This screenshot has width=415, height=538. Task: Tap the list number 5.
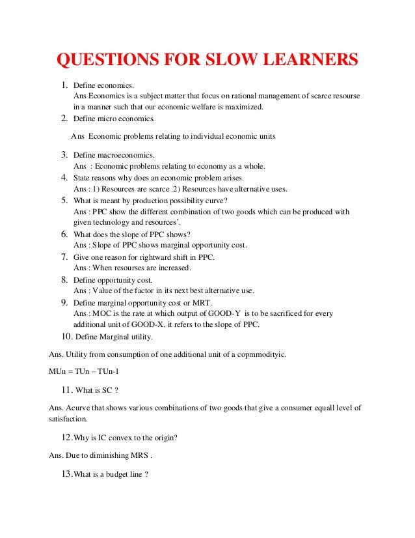point(65,200)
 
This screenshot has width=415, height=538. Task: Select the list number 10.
point(66,336)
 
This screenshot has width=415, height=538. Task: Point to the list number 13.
point(66,474)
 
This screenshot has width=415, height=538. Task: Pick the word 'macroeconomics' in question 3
point(126,155)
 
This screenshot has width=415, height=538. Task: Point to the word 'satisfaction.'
point(70,420)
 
